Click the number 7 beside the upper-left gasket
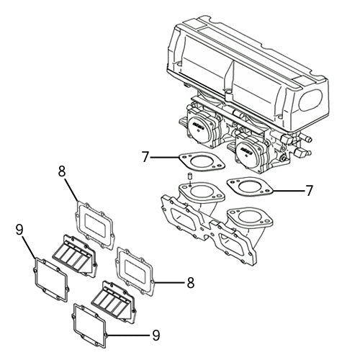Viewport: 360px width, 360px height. pyautogui.click(x=145, y=156)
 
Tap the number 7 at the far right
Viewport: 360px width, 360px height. pyautogui.click(x=309, y=190)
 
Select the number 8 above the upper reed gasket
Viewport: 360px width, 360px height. pyautogui.click(x=62, y=171)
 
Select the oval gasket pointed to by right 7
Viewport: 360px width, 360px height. pyautogui.click(x=248, y=188)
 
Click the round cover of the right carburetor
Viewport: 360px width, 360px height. pyautogui.click(x=249, y=150)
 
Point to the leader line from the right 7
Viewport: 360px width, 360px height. pyautogui.click(x=284, y=190)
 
